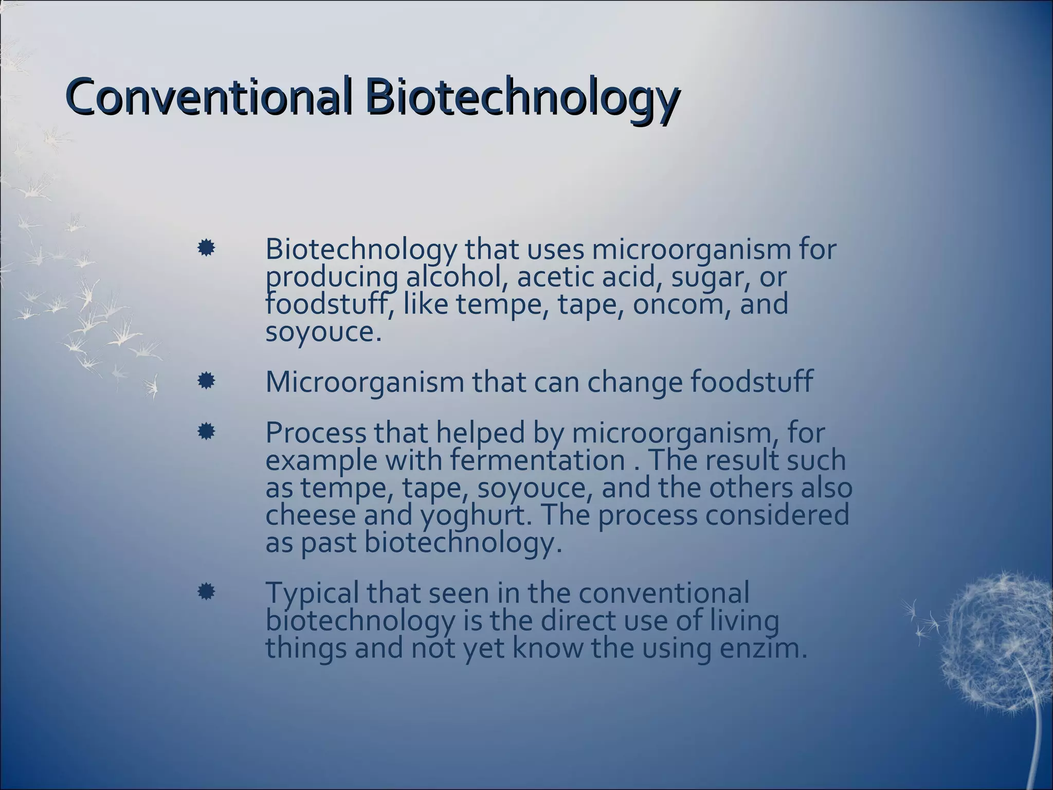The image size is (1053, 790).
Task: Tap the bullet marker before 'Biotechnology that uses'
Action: [206, 249]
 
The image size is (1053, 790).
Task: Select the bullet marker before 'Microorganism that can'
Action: [206, 381]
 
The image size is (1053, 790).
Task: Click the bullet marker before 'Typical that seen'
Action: [206, 592]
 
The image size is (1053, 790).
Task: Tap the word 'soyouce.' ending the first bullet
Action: [323, 332]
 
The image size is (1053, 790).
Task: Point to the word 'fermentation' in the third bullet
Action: [537, 460]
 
